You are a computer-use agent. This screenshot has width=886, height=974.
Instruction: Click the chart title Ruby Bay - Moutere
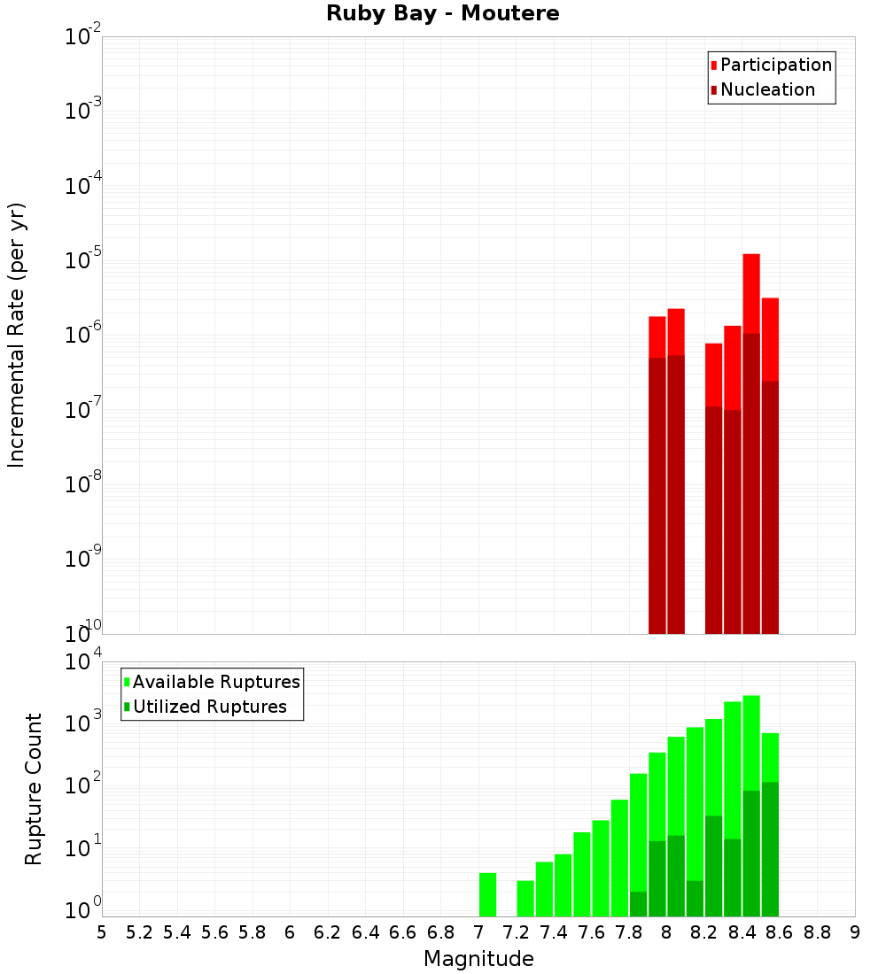coord(443,14)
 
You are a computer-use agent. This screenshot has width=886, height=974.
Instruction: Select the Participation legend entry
coord(775,66)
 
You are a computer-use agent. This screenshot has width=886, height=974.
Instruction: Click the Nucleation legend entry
coord(766,90)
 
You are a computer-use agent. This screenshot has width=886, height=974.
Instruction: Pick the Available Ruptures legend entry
coord(215,683)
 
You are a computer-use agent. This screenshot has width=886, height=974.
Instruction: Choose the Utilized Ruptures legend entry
coord(209,707)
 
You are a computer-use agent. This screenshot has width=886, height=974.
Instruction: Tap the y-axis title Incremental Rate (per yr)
coord(17,335)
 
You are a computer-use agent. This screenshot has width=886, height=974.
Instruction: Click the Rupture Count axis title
coord(34,789)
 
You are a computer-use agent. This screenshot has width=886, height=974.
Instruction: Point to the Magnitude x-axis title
coord(478,959)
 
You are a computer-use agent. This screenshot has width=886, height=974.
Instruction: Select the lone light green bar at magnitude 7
coord(487,894)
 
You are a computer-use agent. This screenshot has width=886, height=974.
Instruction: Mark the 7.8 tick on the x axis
coord(629,932)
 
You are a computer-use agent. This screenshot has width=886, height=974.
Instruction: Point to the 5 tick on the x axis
coord(102,932)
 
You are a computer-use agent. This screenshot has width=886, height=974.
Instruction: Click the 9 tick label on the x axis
coord(855,932)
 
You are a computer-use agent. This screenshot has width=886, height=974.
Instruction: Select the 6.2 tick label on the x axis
coord(328,932)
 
